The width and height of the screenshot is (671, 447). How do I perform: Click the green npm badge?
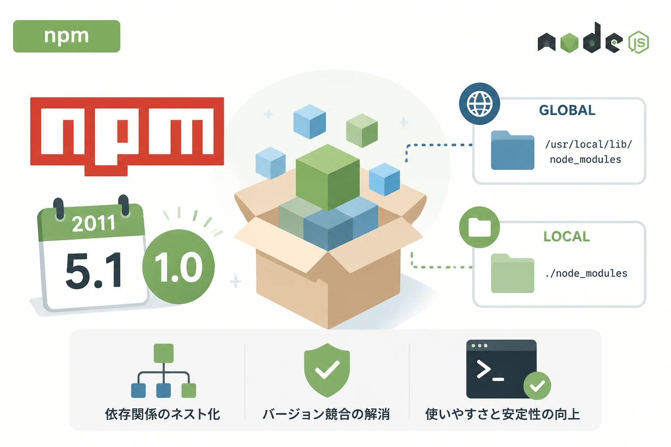[x=66, y=36]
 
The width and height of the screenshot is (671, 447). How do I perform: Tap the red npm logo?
[x=127, y=136]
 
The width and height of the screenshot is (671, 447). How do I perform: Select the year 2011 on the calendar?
[x=93, y=223]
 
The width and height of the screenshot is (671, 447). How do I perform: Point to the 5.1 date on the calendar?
[x=94, y=270]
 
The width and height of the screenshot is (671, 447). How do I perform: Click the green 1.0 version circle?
[x=179, y=266]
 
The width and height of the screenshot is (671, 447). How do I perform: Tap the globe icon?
[x=480, y=103]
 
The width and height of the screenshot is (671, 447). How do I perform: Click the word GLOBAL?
[x=567, y=110]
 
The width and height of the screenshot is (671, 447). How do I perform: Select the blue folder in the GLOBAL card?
[x=512, y=150]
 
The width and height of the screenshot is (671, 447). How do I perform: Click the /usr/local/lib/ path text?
[x=588, y=144]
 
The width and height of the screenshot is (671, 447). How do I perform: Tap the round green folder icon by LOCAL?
[x=479, y=227]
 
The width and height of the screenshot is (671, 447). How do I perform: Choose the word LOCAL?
[x=567, y=237]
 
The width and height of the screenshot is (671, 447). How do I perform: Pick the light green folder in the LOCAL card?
[x=512, y=273]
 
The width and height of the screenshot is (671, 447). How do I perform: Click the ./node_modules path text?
[x=586, y=273]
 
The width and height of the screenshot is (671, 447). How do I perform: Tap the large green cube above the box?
[x=328, y=177]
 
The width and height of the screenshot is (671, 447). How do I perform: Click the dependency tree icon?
[x=163, y=371]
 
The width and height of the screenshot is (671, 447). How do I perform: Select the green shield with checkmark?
[x=327, y=370]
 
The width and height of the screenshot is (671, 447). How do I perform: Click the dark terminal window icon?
[x=502, y=369]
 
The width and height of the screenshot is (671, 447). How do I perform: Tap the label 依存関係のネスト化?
[x=163, y=414]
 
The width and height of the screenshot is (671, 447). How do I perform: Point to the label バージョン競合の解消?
[x=326, y=414]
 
